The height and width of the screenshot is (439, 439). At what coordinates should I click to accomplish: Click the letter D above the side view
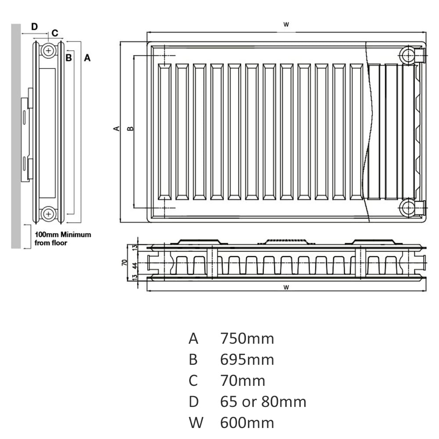point(34,26)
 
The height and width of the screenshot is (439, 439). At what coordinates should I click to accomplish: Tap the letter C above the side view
point(55,32)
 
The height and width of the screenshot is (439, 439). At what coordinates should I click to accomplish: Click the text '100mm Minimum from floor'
point(63,238)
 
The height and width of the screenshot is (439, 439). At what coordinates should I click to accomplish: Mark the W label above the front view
point(286,25)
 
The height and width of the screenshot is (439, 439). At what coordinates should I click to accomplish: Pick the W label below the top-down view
point(286,288)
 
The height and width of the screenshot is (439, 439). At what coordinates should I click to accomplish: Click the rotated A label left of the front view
point(116,128)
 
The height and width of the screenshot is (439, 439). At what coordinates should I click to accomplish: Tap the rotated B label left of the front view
point(130,128)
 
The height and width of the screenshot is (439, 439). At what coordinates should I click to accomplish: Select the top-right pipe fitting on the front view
point(408,56)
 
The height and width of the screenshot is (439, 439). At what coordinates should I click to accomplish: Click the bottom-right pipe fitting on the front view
point(408,207)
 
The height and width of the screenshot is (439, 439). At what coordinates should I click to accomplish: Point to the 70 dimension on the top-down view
point(124,263)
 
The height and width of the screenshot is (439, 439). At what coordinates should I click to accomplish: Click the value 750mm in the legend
point(247,339)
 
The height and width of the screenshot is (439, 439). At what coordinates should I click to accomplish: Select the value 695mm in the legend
point(247,360)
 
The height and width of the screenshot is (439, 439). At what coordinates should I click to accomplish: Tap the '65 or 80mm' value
point(263,402)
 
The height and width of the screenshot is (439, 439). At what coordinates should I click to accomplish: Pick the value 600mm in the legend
point(247,423)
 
